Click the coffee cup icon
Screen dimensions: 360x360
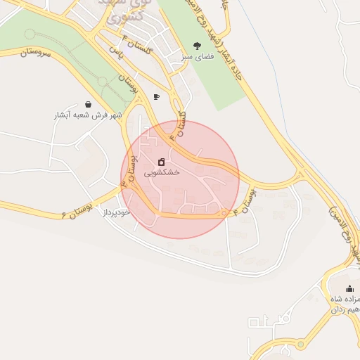click(x=156, y=97)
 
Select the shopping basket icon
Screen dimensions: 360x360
click(x=87, y=104)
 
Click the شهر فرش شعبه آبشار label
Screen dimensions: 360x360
click(x=88, y=115)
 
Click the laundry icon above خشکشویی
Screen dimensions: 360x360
click(x=162, y=162)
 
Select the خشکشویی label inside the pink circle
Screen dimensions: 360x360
click(x=162, y=172)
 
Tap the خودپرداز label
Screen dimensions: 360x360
click(x=117, y=211)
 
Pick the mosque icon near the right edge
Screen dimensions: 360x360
click(x=349, y=289)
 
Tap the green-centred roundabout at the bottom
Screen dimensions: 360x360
click(x=302, y=345)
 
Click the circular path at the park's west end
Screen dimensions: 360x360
click(x=30, y=34)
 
